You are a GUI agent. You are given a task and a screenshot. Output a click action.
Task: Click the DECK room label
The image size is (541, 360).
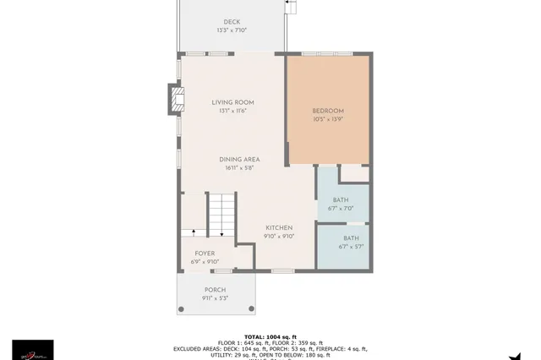coord(232,22)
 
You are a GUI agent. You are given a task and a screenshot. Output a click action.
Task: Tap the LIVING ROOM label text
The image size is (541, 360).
coord(232,102)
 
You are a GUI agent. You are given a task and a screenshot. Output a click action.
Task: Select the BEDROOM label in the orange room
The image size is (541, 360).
coord(328,111)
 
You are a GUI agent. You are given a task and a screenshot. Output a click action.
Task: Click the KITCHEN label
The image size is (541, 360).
coord(279,227)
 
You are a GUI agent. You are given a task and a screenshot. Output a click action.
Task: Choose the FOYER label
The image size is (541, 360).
coord(205,253)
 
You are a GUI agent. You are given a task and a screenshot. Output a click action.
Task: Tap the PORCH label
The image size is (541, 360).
coord(215,289)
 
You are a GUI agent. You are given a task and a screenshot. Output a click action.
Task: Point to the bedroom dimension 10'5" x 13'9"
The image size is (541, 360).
coord(328,120)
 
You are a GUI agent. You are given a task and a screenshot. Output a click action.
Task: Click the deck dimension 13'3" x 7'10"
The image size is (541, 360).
coord(232,30)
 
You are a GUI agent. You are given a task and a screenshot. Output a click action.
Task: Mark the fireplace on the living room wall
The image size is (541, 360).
coord(176,100)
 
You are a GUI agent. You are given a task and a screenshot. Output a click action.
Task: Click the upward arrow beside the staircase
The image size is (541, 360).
coord(194,230)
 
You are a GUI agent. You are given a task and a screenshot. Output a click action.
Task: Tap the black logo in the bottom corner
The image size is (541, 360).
coord(32,349)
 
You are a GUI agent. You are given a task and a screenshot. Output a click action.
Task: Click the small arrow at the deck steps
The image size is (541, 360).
coord(291,3)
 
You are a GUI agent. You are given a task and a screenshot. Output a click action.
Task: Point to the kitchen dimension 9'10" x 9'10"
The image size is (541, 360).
coord(279,237)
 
